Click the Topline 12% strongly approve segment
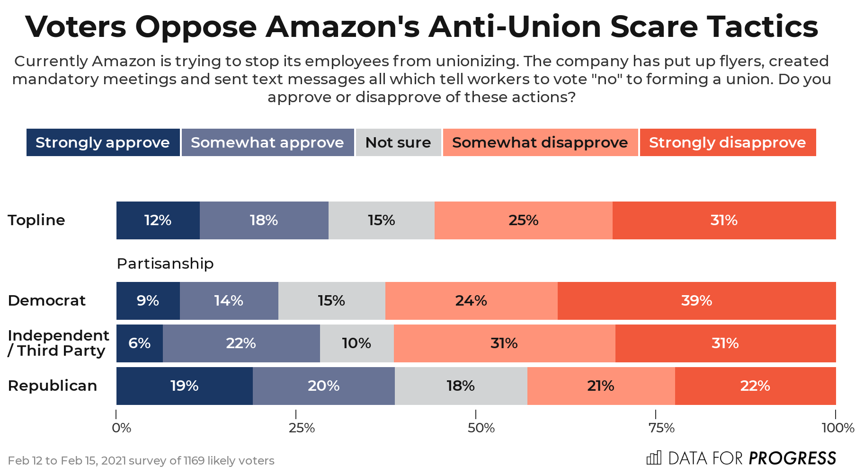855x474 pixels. click(x=158, y=220)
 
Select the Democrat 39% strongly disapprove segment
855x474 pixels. click(x=696, y=301)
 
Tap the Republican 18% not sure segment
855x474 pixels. click(x=461, y=386)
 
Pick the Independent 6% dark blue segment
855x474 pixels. click(x=139, y=343)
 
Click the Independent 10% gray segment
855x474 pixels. click(x=356, y=343)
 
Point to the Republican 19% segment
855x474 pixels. click(x=184, y=386)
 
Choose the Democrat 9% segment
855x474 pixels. click(x=148, y=301)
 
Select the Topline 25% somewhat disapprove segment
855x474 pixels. click(x=523, y=220)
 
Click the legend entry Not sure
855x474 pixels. click(x=398, y=142)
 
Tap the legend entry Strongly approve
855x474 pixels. click(x=103, y=142)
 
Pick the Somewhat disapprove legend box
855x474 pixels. click(x=540, y=142)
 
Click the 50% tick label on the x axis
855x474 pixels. click(x=481, y=428)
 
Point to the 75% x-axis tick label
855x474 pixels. click(x=661, y=428)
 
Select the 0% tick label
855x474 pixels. click(x=122, y=428)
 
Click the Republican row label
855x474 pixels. click(x=53, y=386)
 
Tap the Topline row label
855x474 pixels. click(x=36, y=220)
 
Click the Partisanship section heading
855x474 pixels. click(x=165, y=263)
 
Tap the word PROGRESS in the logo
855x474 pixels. click(x=792, y=458)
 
